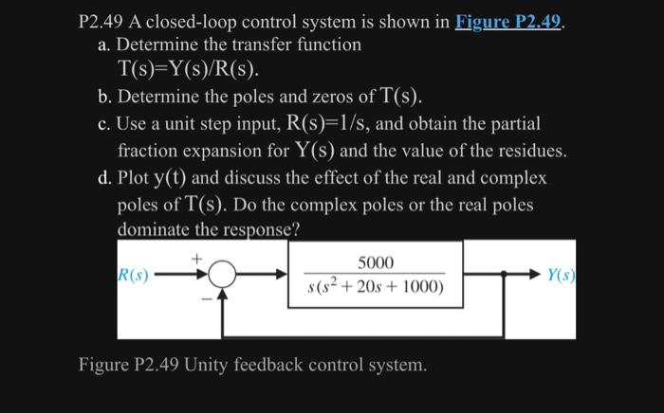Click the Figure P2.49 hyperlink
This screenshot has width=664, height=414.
[510, 21]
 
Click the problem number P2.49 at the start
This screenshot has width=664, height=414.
[106, 21]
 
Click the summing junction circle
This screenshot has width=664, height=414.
[222, 276]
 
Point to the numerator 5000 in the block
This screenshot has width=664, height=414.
[376, 262]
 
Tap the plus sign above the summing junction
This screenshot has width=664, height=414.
[197, 257]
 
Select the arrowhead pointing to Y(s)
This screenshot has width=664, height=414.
[531, 276]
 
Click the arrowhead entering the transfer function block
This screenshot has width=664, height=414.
[282, 276]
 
